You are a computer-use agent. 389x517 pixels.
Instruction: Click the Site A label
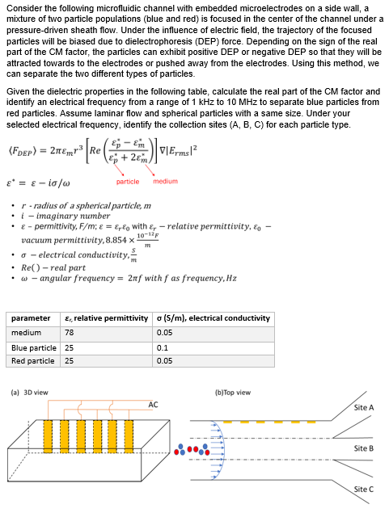364,408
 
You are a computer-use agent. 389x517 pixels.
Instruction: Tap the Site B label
364,448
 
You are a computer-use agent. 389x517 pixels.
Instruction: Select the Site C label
364,490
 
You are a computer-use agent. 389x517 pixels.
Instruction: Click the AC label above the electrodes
154,404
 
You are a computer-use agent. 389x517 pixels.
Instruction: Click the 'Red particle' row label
33,360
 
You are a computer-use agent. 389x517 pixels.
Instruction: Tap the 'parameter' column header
30,318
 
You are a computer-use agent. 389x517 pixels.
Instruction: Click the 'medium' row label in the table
26,333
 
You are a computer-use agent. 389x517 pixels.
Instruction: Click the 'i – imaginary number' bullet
69,215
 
